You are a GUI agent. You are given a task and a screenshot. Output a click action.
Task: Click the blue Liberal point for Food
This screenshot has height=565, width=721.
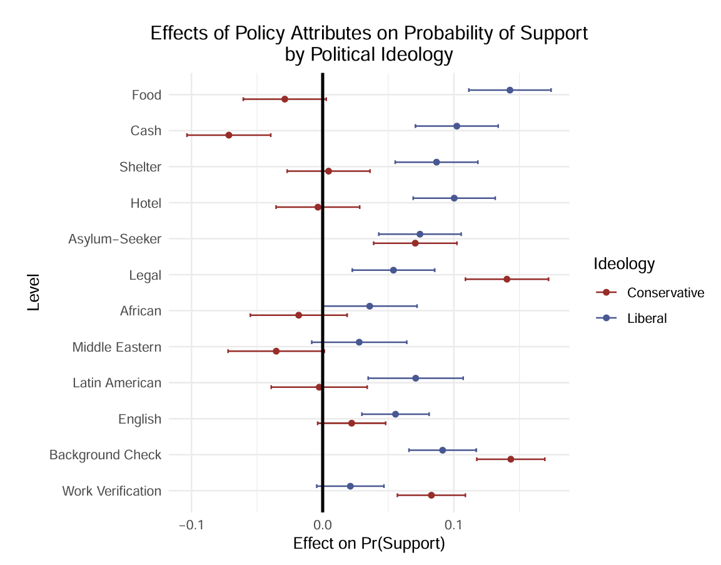coord(510,90)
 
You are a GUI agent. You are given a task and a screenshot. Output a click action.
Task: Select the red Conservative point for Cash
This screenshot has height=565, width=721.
coord(229,135)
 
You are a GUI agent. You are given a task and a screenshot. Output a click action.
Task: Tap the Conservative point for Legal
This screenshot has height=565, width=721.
coord(507,279)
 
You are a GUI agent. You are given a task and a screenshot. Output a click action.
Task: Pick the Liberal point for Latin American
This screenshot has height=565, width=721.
coord(415,378)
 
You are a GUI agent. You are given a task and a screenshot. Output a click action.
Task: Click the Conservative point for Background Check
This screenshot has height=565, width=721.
coord(511,459)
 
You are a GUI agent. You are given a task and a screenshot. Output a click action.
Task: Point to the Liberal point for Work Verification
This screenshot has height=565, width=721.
coord(350,486)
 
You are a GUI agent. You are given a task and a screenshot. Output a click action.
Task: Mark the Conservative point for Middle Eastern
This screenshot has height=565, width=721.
coord(276,351)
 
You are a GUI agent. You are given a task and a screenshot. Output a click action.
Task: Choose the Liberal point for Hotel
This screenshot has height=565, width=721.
coord(454,198)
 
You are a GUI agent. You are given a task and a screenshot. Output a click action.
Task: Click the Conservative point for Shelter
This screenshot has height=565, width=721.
coord(328,171)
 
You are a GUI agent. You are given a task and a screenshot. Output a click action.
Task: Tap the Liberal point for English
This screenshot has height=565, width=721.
coord(395,414)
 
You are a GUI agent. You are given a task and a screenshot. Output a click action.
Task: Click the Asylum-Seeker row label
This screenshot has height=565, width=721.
coord(115,239)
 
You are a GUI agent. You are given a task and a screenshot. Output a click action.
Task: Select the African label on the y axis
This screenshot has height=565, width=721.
coord(141,311)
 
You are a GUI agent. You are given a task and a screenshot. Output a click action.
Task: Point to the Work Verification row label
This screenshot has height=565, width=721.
coord(112,491)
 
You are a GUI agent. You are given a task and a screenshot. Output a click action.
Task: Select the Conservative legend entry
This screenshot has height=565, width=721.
coord(665,293)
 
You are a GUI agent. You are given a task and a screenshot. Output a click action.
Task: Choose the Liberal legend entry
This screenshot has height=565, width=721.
coord(647,318)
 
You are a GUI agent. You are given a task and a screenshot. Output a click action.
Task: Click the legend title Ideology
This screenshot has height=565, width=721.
coord(624,264)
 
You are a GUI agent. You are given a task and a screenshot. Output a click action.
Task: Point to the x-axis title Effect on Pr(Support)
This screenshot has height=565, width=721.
coord(369,544)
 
